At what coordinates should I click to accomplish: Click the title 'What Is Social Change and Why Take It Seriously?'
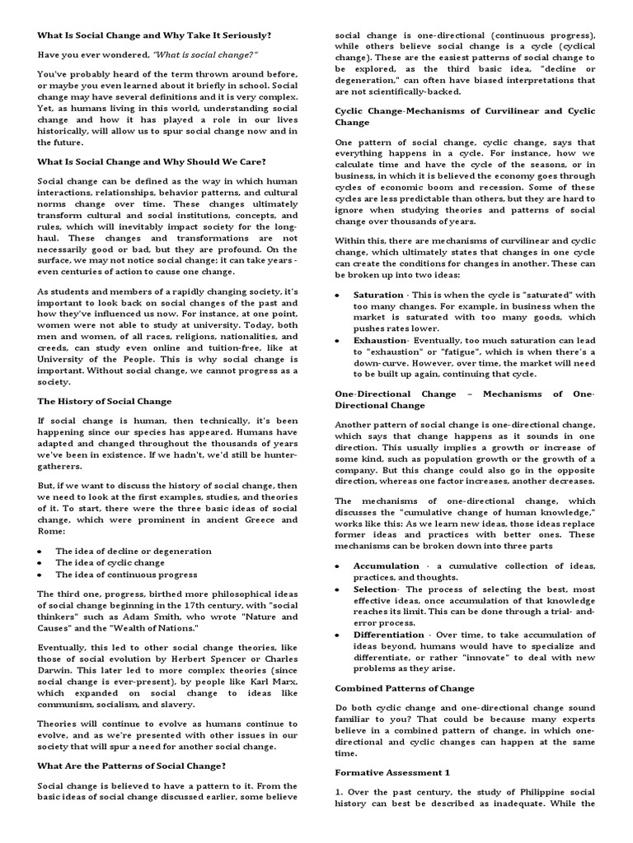153,36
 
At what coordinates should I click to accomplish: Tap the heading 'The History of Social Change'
105,401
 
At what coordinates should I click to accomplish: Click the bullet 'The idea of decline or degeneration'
133,551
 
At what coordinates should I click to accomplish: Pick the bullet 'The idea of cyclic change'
110,562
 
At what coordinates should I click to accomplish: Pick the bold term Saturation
378,295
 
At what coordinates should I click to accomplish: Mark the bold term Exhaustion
380,339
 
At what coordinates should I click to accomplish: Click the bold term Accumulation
387,566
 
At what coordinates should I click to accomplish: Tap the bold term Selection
375,589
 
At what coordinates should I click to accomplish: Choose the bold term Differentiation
390,636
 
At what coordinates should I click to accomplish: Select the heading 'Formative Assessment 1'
392,773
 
